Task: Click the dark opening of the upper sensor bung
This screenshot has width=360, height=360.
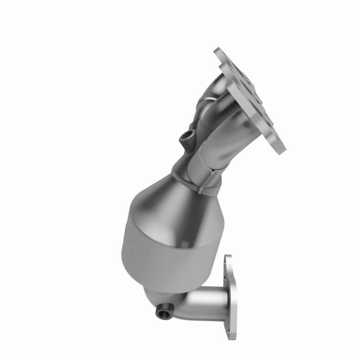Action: click(188, 136)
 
